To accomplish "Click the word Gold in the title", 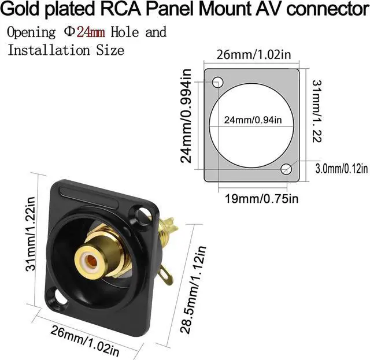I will (x=26, y=10).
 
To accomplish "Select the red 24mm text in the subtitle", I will (x=91, y=32).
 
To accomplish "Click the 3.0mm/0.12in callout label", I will (x=342, y=169).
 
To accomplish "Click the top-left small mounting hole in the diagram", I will (x=218, y=81).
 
